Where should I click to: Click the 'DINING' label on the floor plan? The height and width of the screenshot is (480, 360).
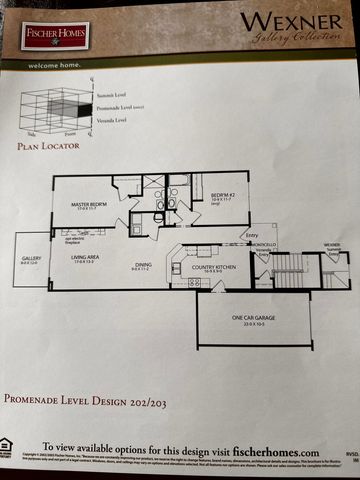(144, 265)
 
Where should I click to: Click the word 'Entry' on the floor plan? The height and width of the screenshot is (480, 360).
(257, 237)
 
